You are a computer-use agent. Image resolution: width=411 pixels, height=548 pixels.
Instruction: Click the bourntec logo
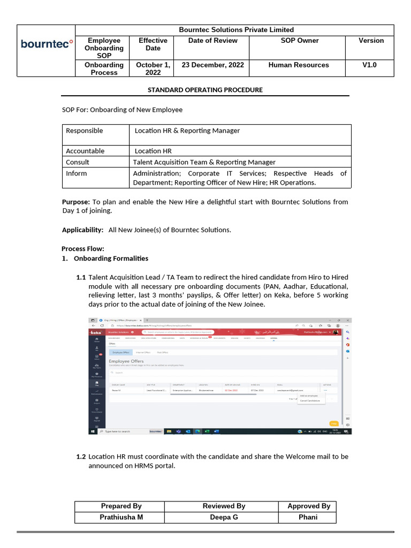[x=47, y=43]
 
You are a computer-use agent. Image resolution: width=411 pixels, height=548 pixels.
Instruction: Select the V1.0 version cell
[x=369, y=65]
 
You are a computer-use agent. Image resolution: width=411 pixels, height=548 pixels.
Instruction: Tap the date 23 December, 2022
[x=213, y=65]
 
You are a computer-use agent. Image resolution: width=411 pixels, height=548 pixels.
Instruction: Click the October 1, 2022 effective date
[x=153, y=68]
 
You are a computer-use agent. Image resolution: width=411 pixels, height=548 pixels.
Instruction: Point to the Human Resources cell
[x=299, y=65]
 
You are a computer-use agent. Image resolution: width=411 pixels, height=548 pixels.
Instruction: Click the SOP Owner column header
[x=299, y=41]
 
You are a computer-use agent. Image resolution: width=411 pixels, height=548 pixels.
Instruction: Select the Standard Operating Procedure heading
[x=205, y=90]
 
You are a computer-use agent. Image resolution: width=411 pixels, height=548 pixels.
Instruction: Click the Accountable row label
[x=85, y=151]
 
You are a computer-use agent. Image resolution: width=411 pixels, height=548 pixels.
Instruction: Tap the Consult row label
[x=78, y=162]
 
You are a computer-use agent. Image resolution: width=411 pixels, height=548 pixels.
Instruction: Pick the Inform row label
[x=77, y=173]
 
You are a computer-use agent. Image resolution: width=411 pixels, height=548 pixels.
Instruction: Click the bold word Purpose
[x=76, y=202]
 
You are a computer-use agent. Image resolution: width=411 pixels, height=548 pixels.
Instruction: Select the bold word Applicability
[x=82, y=230]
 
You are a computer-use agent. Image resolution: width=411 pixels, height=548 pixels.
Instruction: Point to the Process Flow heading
[x=83, y=249]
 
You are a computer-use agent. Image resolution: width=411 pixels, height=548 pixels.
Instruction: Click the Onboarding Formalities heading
[x=111, y=258]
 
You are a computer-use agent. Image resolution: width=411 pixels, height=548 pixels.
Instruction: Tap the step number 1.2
[x=81, y=456]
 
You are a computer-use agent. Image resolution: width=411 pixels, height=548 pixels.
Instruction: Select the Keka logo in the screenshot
[x=96, y=332]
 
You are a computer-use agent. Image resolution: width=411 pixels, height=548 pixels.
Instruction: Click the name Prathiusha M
[x=121, y=517]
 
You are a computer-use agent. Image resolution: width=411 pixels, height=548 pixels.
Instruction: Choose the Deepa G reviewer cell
[x=224, y=517]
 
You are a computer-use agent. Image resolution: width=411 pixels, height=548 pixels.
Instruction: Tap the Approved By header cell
[x=309, y=506]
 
